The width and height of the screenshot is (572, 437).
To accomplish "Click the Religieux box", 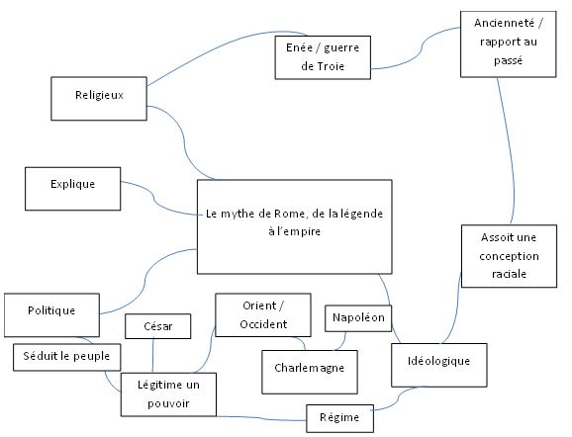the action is tap(99, 99).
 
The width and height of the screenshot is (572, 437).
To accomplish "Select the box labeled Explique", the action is tap(73, 189).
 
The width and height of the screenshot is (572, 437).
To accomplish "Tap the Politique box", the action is tap(51, 315).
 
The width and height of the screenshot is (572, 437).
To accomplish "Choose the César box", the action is tap(158, 326).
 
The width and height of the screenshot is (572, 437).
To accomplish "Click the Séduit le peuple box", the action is tap(66, 357).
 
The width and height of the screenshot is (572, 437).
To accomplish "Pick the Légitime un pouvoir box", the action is tap(168, 394).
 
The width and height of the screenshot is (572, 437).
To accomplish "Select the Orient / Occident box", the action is tap(263, 315).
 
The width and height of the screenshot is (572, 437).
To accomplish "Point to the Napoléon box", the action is tap(358, 318).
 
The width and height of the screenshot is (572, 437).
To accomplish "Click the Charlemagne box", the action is tap(310, 372).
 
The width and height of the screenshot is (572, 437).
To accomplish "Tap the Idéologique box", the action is tap(438, 365).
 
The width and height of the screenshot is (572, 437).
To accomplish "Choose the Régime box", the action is tap(339, 418).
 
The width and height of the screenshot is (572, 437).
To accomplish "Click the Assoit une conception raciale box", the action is tap(509, 256).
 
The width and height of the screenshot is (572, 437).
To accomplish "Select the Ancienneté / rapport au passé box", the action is tap(508, 44).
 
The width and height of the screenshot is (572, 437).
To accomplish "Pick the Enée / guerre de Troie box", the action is tap(323, 57).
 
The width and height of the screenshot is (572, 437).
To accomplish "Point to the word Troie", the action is tap(331, 66).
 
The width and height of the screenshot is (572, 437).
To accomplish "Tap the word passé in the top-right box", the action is tap(508, 60).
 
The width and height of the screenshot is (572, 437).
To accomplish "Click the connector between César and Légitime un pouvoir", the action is tap(152, 356).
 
